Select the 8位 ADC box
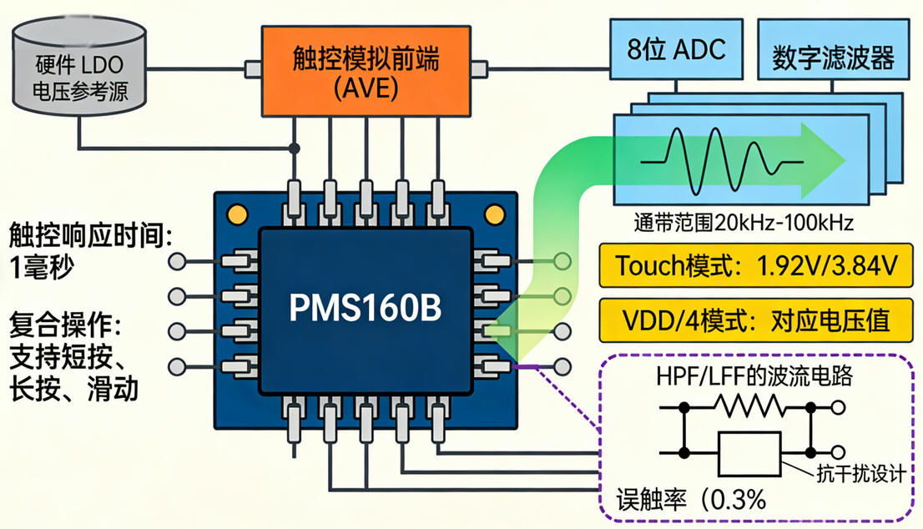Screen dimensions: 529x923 tap(677, 50)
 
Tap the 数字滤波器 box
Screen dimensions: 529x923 tap(833, 58)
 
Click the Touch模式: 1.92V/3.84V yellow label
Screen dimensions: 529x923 tap(757, 266)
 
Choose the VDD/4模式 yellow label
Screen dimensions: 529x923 tap(757, 320)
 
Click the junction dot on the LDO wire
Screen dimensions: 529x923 tap(295, 149)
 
